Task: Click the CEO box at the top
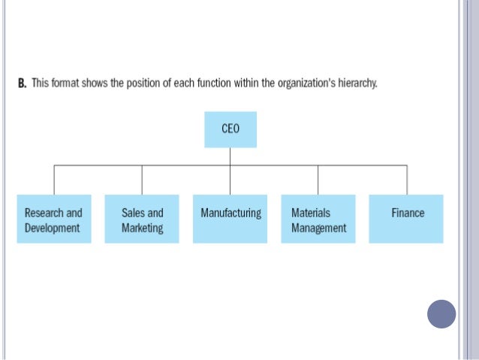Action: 230,129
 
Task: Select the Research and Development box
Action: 54,219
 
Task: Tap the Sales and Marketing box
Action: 142,219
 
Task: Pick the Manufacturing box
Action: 230,219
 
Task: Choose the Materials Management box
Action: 318,219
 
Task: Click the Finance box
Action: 406,219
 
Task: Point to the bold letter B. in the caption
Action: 22,82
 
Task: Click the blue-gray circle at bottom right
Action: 441,313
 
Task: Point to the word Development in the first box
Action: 53,228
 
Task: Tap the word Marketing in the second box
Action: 142,228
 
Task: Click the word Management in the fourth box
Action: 319,228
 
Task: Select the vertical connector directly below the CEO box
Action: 230,156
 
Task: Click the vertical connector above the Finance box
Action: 407,180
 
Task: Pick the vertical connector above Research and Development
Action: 54,180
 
